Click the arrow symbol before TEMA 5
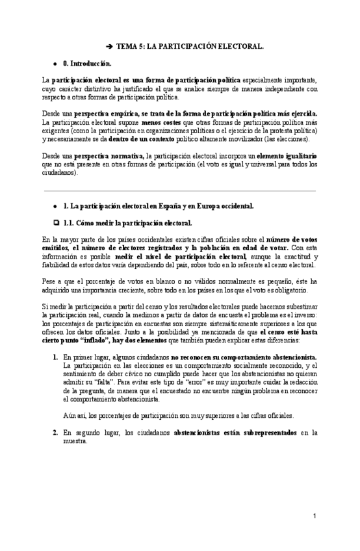[110, 47]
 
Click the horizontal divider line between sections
[179, 191]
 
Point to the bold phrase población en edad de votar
[253, 247]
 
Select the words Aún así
[74, 415]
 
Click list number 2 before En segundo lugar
[55, 431]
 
